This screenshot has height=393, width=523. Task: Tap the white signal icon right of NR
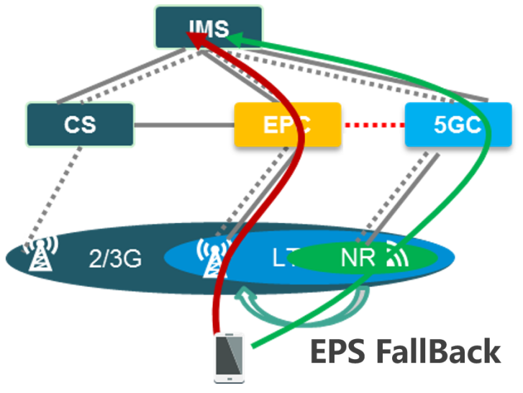[394, 256]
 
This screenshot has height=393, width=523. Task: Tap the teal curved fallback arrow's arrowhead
[247, 294]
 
